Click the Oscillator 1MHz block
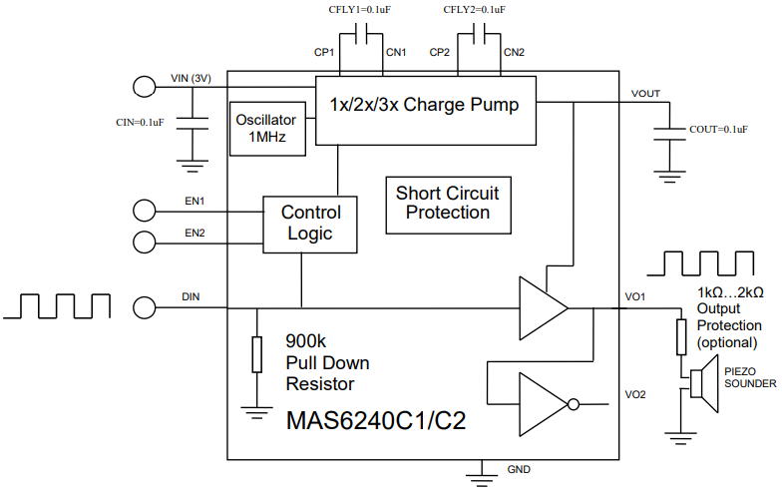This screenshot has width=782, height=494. (x=267, y=129)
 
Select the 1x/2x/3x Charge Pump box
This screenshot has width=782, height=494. (x=426, y=111)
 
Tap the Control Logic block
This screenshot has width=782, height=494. (x=309, y=225)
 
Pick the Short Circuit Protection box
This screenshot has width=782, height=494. (x=449, y=206)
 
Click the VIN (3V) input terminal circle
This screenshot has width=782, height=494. (x=144, y=87)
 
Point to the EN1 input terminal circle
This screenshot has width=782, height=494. (x=144, y=210)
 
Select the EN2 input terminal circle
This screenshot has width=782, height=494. (x=144, y=242)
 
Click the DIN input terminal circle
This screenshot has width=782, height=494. (x=144, y=307)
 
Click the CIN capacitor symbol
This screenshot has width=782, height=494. (x=193, y=124)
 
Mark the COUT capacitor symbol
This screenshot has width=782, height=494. (x=670, y=134)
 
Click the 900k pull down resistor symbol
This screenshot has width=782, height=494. (x=257, y=355)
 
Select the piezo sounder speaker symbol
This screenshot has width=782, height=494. (x=704, y=383)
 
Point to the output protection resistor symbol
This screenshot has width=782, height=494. (x=681, y=337)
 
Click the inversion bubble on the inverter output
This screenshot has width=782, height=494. (x=574, y=404)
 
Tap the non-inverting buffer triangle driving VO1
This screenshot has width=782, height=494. (x=544, y=308)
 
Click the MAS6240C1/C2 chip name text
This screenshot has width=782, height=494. (x=376, y=421)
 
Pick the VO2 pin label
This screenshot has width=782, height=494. (x=635, y=395)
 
